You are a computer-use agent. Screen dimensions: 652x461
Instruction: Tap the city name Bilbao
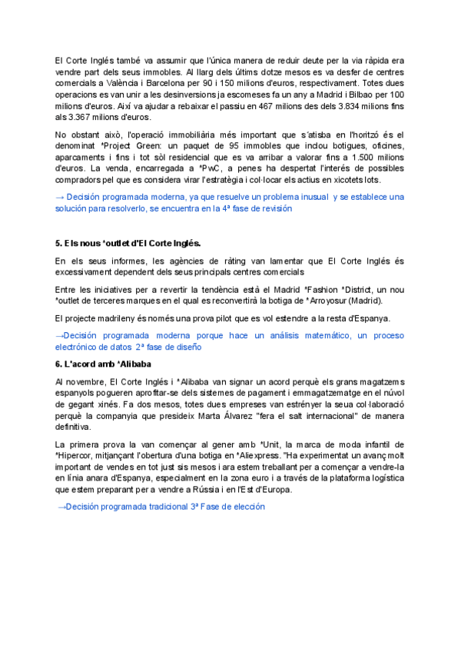348,98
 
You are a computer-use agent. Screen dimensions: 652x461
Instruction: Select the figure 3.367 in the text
78,118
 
